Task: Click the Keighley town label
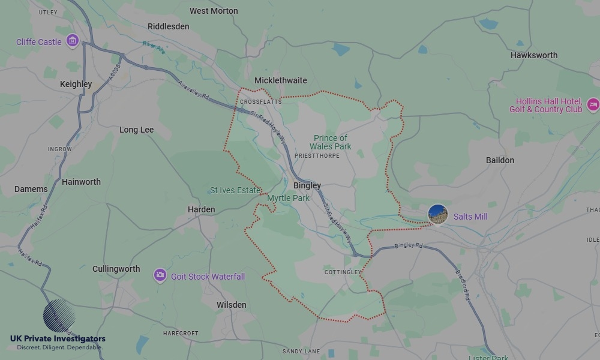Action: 76,84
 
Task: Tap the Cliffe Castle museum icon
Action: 73,41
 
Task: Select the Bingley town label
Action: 307,185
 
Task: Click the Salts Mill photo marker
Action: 438,215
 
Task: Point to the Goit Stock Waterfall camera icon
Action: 160,275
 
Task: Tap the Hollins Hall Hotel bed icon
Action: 593,105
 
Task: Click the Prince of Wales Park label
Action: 331,142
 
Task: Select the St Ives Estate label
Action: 235,190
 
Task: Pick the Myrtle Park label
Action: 288,198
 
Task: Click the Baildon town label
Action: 500,160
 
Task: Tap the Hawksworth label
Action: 534,55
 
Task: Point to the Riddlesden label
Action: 169,26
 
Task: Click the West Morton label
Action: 214,11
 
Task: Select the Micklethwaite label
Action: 280,80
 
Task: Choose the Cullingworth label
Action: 116,269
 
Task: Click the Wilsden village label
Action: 231,305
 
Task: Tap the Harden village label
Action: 201,209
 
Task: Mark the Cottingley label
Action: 343,272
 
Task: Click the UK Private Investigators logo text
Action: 57,339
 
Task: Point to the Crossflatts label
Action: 260,101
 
